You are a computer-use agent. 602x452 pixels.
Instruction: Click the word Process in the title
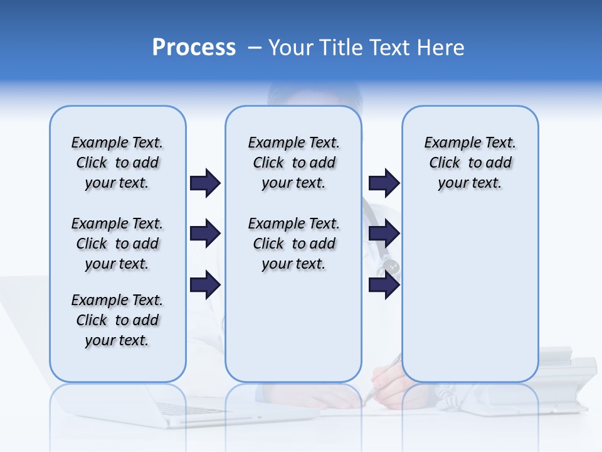coord(194,47)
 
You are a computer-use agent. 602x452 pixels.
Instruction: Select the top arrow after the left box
coord(205,183)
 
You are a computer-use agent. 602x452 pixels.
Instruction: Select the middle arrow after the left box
coord(205,234)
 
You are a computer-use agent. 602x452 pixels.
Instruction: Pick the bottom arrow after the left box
coord(205,285)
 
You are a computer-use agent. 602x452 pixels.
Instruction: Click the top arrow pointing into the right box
coord(384,183)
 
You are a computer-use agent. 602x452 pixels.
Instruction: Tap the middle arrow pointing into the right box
coord(384,234)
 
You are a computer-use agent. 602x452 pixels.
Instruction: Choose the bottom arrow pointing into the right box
coord(384,285)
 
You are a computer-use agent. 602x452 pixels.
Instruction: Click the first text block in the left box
coord(117,163)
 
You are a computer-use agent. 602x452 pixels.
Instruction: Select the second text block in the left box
coord(117,244)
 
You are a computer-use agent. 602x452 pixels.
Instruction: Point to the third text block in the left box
coord(117,320)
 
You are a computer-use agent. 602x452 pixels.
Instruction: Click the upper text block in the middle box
coord(293,163)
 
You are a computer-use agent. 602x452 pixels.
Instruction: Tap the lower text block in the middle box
coord(293,244)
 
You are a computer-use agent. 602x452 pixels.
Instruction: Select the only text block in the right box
coord(470,163)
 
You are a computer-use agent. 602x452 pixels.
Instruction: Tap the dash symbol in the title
coord(255,48)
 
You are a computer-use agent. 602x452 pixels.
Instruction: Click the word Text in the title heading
coord(391,48)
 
